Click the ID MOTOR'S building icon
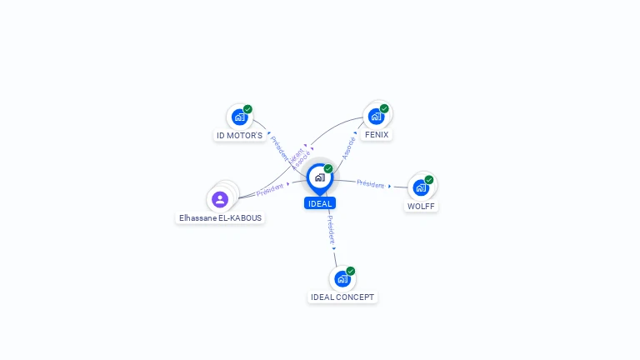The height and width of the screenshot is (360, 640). [x=239, y=117]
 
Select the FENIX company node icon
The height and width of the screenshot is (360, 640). [x=376, y=116]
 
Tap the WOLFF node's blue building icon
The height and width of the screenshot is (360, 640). [x=421, y=187]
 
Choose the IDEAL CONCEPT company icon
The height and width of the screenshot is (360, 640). [x=342, y=278]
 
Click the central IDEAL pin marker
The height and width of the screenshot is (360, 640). [x=319, y=177]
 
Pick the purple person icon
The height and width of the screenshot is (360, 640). [x=220, y=199]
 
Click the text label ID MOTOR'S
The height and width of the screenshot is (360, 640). [x=240, y=135]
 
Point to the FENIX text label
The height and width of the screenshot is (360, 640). [x=377, y=134]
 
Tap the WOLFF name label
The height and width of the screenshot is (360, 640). [x=421, y=206]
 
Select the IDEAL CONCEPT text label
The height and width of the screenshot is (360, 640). [x=342, y=297]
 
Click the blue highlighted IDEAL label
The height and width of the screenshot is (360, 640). [x=320, y=203]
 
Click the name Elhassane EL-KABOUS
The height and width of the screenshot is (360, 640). [x=220, y=218]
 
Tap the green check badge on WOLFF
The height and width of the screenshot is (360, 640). [x=429, y=179]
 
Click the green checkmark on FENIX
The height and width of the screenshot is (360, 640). [x=384, y=108]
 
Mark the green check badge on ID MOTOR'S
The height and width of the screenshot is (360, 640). [x=247, y=109]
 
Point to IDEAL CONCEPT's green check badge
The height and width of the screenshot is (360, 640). [x=351, y=271]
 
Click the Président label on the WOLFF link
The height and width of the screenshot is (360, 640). [x=371, y=184]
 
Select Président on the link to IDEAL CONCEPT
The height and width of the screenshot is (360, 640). [x=330, y=228]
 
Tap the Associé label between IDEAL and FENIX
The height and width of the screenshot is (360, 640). [x=349, y=147]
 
